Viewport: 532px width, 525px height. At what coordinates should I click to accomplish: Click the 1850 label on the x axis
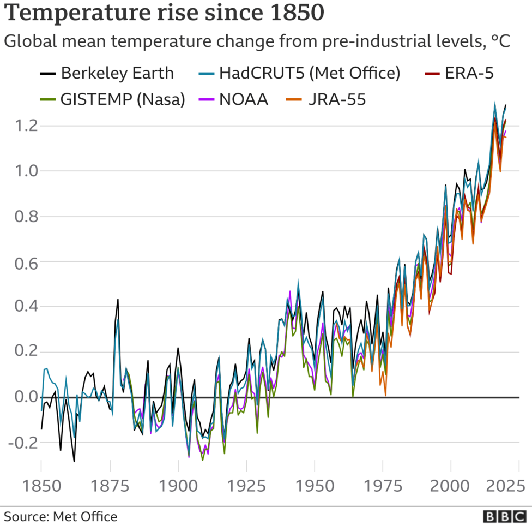tap(41, 485)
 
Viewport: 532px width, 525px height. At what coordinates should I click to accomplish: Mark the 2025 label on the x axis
tap(504, 485)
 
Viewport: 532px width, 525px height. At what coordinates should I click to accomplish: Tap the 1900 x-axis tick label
tap(178, 485)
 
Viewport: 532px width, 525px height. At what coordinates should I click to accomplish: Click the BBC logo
tap(504, 516)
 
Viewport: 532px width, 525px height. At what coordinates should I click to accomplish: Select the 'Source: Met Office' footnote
tap(61, 516)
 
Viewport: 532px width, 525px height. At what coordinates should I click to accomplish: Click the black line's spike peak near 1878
tap(118, 300)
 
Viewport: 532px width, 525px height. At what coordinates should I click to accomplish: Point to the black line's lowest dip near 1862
tap(74, 462)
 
